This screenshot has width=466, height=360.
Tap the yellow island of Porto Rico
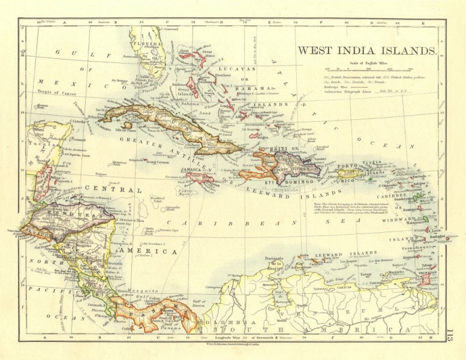[354, 173]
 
